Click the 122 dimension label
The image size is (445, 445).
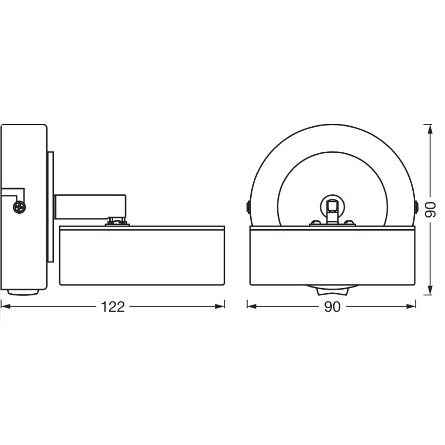tap(112, 307)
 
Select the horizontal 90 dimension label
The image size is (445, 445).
tap(332, 307)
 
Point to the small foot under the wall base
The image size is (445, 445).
tap(24, 292)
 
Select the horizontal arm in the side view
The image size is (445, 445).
tap(90, 206)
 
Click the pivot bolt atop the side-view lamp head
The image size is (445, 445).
tap(116, 221)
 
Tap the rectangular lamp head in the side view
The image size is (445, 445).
tap(142, 255)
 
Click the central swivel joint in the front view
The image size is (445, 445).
tap(332, 207)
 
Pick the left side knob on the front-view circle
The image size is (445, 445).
tap(248, 207)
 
